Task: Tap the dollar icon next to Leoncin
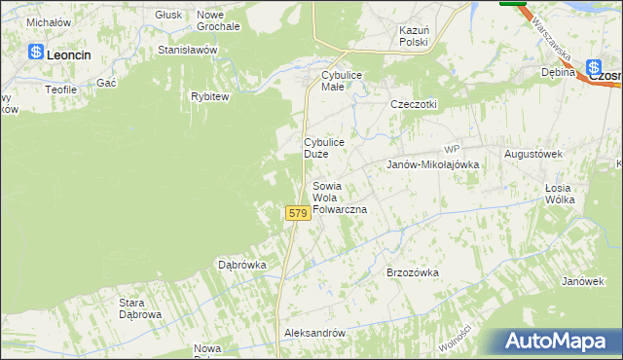[x=36, y=54]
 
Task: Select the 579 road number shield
[x=298, y=212]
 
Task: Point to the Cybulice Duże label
[x=323, y=148]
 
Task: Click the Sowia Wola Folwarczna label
[x=338, y=198]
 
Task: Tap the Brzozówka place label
[x=413, y=273]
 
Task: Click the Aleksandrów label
[x=314, y=333]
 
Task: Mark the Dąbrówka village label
[x=242, y=265]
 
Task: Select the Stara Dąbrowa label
[x=140, y=308]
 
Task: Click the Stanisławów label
[x=187, y=50]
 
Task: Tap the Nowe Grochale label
[x=218, y=20]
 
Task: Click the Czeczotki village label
[x=414, y=105]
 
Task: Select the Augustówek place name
[x=533, y=155]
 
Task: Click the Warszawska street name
[x=551, y=43]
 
